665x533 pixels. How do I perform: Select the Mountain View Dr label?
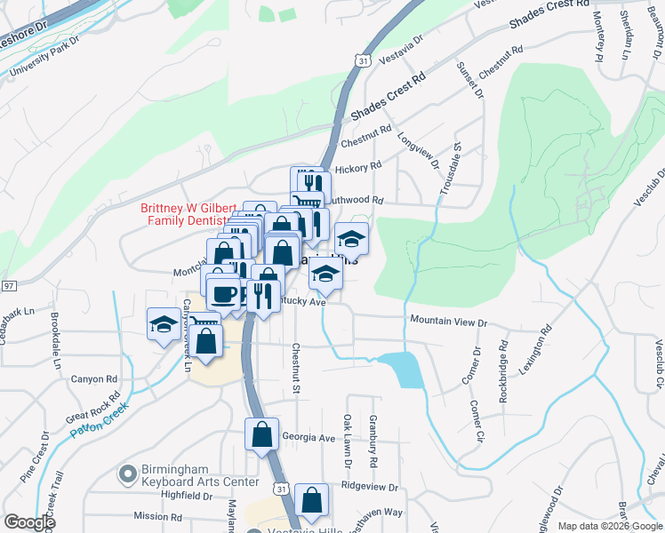[448, 321]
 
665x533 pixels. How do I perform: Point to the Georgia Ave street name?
[308, 438]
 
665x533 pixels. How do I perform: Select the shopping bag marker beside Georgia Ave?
[262, 434]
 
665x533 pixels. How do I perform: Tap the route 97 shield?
[9, 286]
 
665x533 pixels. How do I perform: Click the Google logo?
[28, 521]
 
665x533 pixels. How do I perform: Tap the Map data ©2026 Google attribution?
[609, 526]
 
